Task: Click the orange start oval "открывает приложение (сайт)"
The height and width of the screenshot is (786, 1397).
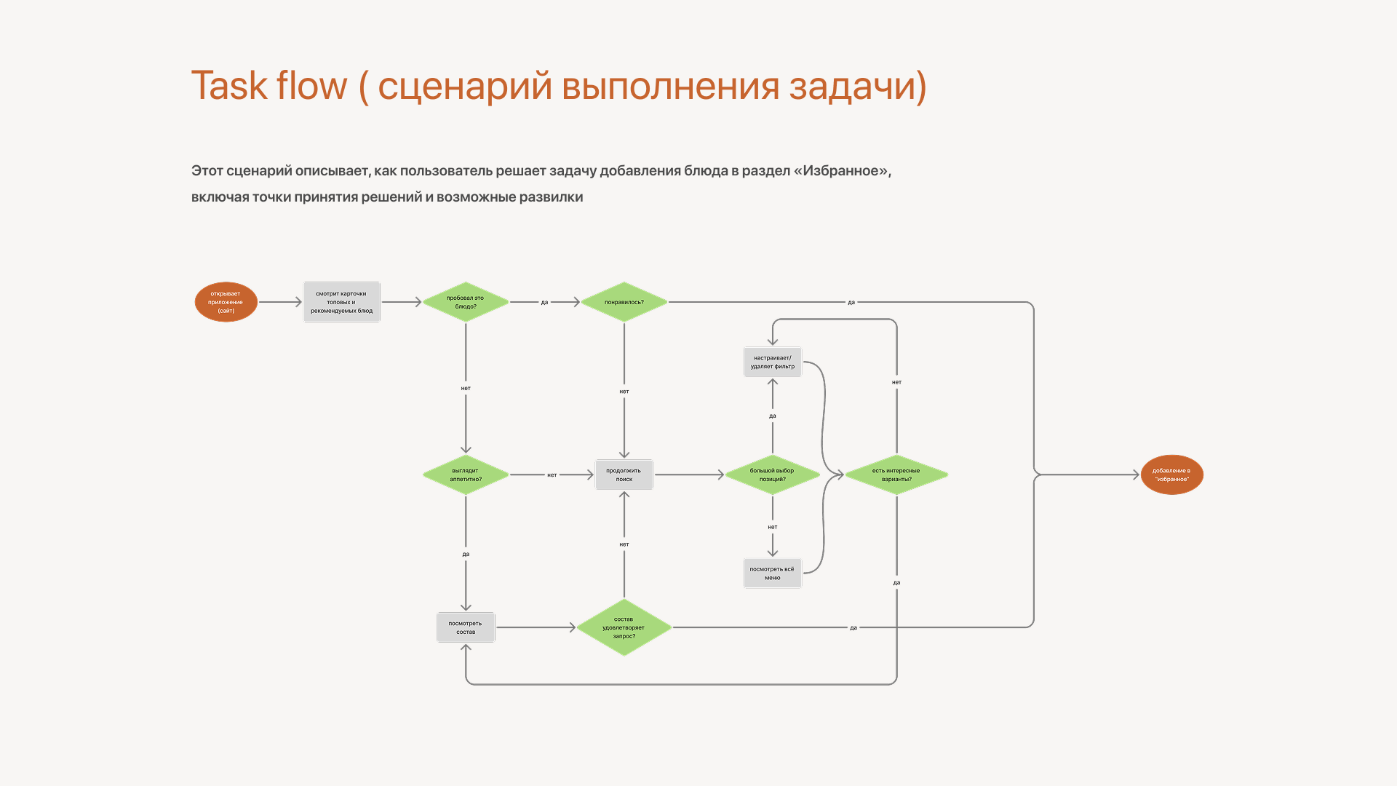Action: tap(226, 302)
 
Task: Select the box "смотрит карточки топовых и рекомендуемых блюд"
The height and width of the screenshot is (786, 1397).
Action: tap(341, 302)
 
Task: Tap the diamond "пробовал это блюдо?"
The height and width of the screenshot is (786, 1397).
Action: tap(466, 302)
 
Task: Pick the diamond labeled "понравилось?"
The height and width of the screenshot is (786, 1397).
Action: tap(624, 302)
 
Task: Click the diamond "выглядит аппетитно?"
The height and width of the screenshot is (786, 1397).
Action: tap(466, 475)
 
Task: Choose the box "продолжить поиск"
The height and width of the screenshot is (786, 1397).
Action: tap(624, 475)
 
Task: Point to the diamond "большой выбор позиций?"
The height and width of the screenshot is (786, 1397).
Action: tap(772, 475)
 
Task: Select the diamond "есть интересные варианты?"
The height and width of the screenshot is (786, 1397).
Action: tap(896, 475)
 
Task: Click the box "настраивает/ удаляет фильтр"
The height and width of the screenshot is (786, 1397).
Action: tap(772, 362)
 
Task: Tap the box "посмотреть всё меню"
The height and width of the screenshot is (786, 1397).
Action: tap(772, 573)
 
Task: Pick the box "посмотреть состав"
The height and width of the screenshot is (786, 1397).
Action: tap(466, 627)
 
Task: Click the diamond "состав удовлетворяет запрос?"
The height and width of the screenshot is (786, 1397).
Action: tap(624, 627)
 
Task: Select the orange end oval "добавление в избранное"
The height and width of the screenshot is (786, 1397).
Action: tap(1171, 475)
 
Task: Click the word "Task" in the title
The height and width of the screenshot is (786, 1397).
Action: tap(229, 86)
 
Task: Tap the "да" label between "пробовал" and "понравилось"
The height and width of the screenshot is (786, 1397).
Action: tap(544, 302)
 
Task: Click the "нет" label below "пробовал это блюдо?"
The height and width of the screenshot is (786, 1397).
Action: tap(466, 388)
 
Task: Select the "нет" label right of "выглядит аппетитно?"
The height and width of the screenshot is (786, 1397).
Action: tap(552, 475)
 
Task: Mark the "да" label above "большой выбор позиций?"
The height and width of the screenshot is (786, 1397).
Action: tap(773, 416)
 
